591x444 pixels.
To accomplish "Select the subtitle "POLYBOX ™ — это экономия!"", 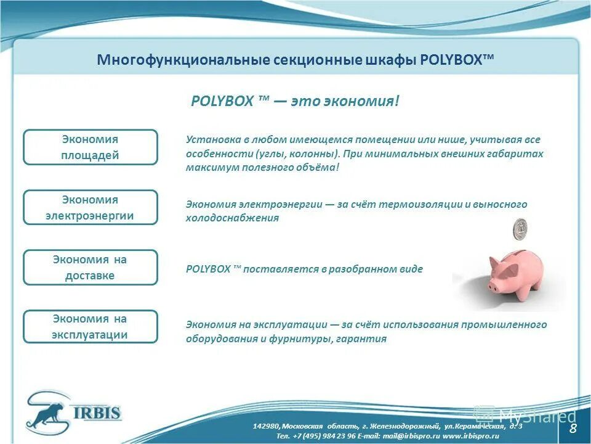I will click(295, 101).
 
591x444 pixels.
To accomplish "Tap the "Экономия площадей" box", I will click(90, 147).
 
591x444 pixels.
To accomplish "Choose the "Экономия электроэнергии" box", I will click(90, 207).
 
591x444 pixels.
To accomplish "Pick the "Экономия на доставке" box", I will click(90, 267).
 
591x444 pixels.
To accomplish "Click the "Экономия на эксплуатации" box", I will click(90, 327).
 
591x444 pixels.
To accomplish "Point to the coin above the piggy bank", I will click(521, 229).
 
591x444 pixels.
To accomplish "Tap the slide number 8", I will click(573, 429).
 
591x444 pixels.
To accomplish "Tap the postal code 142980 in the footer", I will click(266, 426).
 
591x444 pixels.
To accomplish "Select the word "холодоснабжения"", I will click(232, 218).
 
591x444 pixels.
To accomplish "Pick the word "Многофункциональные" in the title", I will click(175, 60).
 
